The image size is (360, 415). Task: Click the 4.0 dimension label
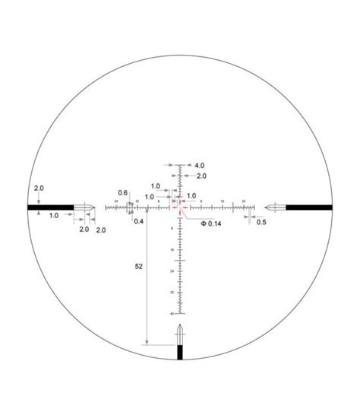click(x=200, y=165)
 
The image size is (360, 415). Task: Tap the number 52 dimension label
click(x=137, y=268)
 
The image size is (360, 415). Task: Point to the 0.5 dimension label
click(x=261, y=222)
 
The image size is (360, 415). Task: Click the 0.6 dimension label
click(x=122, y=192)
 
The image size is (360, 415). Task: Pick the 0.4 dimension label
click(x=139, y=221)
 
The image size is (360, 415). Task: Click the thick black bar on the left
click(x=50, y=206)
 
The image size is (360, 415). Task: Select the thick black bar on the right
click(x=309, y=206)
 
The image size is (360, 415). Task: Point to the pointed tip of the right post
click(x=265, y=206)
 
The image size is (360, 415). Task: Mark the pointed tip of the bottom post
click(x=180, y=326)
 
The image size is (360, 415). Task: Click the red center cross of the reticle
click(x=180, y=205)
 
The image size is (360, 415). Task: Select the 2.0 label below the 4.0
click(x=201, y=176)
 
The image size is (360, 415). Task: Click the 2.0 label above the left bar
click(x=39, y=188)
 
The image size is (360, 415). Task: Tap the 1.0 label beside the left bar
click(x=54, y=216)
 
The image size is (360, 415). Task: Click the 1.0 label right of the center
click(x=191, y=195)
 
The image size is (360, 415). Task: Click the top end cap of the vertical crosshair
click(x=180, y=165)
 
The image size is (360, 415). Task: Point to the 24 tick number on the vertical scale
click(x=173, y=271)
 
